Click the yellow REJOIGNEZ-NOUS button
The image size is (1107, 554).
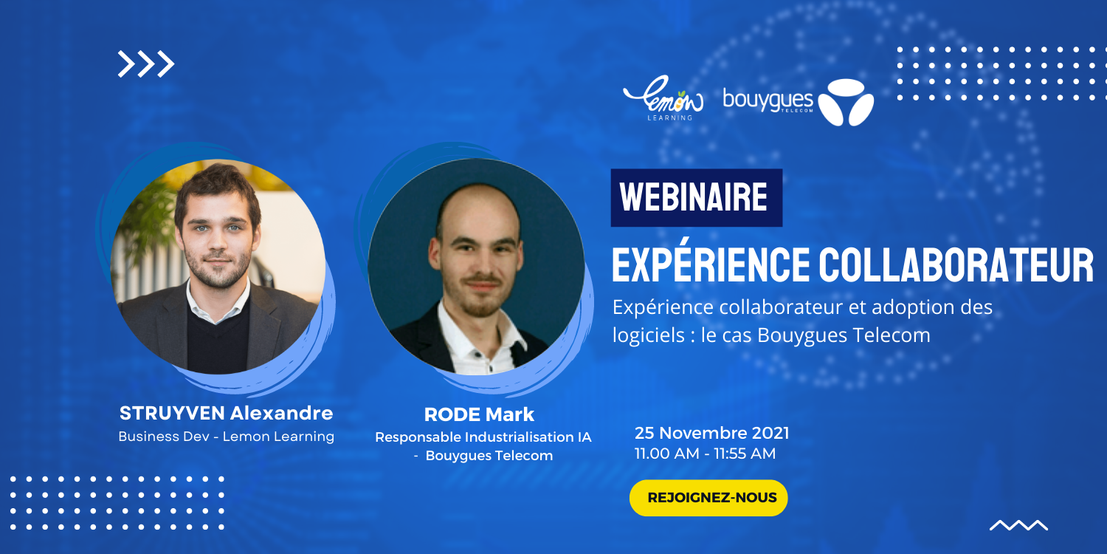point(708,498)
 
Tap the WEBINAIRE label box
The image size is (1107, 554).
point(697,198)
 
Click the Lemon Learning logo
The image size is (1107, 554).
point(663,98)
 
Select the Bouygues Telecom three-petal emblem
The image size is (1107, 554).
point(846,103)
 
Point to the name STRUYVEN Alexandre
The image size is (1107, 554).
point(227,413)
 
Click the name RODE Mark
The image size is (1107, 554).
point(479,414)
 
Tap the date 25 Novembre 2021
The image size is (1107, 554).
point(711,433)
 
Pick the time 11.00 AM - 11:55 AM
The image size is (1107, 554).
point(706,454)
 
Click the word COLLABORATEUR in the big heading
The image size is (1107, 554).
point(956,266)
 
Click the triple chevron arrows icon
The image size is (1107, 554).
point(146,64)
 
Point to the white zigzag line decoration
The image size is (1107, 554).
point(1018,524)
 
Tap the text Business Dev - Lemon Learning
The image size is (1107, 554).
point(227,437)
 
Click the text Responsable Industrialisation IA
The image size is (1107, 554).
point(483,437)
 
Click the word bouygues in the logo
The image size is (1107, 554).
point(768,100)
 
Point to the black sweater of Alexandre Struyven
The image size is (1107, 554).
point(218,341)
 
